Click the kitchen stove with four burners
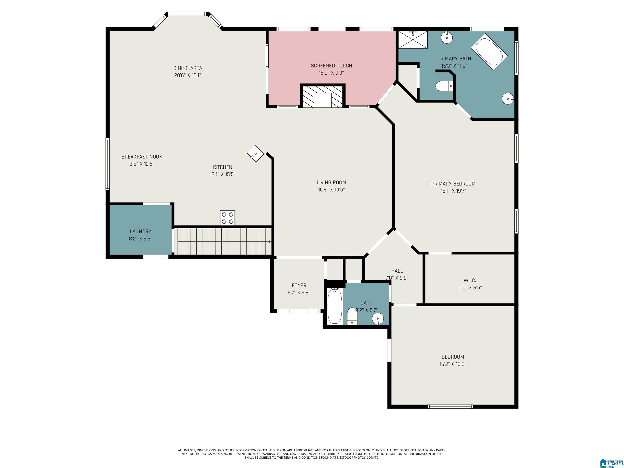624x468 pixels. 228,218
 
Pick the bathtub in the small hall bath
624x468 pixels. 335,306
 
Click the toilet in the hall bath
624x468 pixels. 352,316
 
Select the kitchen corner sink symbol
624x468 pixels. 256,154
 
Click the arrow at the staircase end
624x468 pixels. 270,242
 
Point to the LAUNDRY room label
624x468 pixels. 141,231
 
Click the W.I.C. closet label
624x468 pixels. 470,280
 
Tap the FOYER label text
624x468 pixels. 299,285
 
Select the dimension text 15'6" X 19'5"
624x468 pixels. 331,190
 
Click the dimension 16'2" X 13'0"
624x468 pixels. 453,364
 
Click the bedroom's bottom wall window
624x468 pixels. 450,406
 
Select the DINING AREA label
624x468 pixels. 188,68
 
